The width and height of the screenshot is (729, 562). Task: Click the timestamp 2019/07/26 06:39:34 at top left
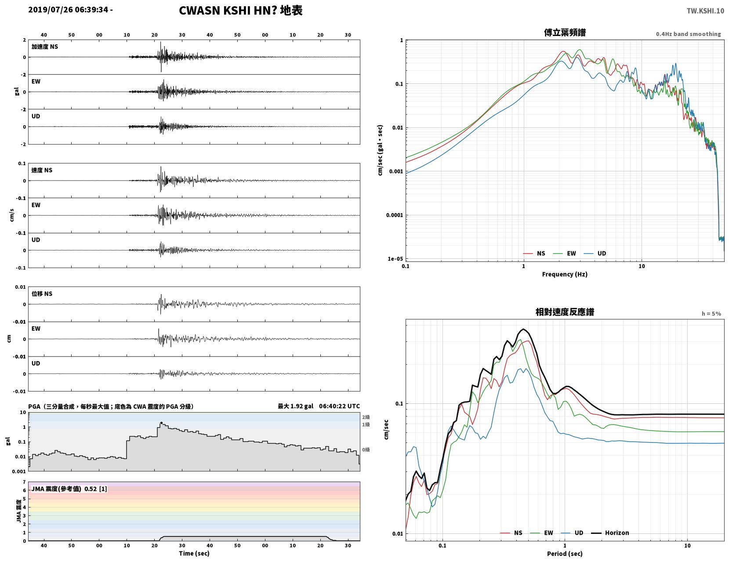[x=68, y=10]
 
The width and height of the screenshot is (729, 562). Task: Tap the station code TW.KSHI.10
[x=705, y=11]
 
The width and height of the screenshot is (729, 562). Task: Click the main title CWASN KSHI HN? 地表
[x=240, y=11]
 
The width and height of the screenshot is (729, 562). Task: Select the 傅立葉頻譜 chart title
[x=565, y=33]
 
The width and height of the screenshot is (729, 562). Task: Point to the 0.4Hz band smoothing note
[x=688, y=34]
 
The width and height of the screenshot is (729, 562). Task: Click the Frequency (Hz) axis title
[x=565, y=274]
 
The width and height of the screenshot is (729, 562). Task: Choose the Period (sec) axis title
[x=565, y=554]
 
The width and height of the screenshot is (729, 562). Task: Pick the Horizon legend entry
[x=610, y=533]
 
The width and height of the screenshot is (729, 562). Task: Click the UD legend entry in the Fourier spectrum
[x=595, y=254]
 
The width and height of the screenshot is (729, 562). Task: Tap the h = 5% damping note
[x=711, y=314]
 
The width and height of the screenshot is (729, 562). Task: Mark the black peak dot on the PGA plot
[x=161, y=423]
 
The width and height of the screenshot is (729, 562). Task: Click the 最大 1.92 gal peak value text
[x=296, y=406]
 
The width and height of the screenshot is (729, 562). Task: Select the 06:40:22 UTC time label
[x=340, y=406]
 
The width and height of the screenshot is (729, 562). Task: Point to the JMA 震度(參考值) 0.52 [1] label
[x=69, y=489]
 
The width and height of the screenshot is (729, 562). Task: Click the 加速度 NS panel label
[x=45, y=47]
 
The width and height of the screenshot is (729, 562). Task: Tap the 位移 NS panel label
[x=42, y=294]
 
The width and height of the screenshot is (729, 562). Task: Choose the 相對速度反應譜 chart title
[x=565, y=312]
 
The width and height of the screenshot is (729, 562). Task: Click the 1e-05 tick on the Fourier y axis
[x=395, y=259]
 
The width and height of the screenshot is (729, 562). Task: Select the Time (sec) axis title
[x=194, y=553]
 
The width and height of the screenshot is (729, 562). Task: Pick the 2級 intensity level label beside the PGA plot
[x=366, y=417]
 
